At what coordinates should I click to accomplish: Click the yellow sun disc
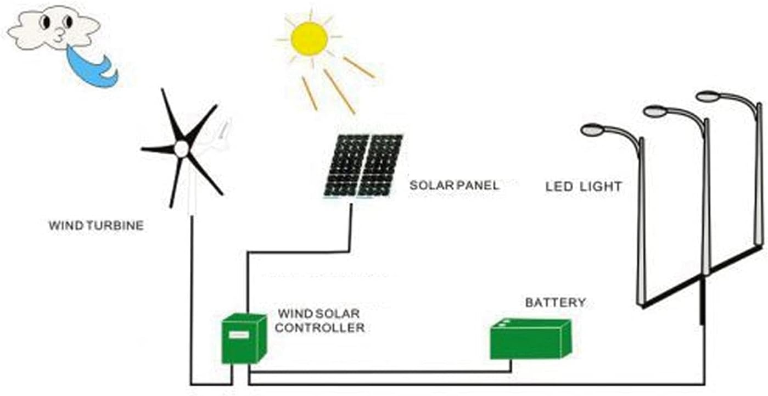[x=309, y=38]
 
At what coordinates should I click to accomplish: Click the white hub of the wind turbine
[x=181, y=148]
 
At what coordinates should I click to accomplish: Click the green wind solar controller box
[x=243, y=339]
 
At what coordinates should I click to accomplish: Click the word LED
[x=559, y=187]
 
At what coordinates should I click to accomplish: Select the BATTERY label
[x=555, y=303]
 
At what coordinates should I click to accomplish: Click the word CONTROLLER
[x=320, y=328]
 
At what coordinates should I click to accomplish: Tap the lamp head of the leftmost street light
[x=592, y=130]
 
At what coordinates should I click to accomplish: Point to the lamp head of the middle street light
[x=654, y=111]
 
